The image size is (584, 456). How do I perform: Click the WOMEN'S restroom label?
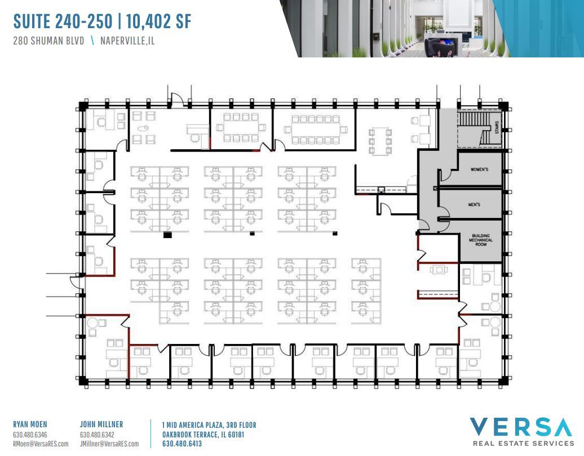479,169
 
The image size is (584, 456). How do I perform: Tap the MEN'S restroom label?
474,205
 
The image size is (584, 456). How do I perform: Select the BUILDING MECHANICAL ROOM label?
480,240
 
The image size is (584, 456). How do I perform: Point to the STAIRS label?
496,128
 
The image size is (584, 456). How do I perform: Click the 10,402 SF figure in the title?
159,21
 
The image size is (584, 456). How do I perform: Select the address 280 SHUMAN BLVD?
48,41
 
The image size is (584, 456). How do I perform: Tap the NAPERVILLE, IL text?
127,41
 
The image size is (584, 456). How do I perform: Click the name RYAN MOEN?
30,424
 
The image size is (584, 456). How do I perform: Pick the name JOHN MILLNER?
101,424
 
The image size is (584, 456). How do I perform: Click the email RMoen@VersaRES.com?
40,444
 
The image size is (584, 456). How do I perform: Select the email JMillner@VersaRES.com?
109,444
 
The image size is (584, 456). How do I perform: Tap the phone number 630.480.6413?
182,444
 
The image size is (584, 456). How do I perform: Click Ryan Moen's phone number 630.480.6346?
30,435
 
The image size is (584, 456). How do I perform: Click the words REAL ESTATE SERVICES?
523,444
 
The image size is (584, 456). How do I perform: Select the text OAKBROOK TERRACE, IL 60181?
203,434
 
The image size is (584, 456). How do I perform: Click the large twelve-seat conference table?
316,129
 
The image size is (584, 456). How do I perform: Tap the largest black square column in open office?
167,235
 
